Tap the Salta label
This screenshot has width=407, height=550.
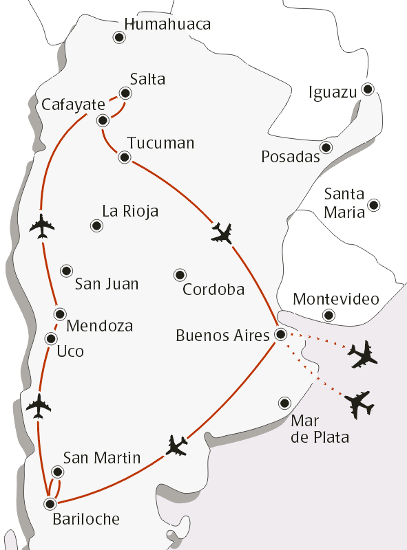tap(147, 79)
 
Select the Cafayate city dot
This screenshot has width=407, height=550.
tap(103, 121)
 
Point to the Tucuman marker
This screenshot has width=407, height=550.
tap(125, 157)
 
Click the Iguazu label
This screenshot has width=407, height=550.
tap(333, 92)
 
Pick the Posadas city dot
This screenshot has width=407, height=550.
tap(326, 147)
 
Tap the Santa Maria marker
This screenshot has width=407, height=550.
tap(374, 204)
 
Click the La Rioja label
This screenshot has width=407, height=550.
tap(130, 211)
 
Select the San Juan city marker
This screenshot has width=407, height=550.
tap(67, 271)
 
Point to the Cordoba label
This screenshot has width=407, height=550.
tap(213, 289)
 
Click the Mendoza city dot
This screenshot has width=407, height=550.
tap(61, 313)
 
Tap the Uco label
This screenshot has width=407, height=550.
tap(70, 352)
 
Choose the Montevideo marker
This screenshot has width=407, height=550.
tap(328, 316)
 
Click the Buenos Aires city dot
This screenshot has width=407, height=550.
tap(281, 335)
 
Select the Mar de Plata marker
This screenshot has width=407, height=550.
tap(284, 403)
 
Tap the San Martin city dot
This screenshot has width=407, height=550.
tap(58, 472)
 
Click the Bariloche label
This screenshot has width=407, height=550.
tap(85, 520)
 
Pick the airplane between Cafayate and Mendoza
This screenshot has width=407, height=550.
tap(43, 225)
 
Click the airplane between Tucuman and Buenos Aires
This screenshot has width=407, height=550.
tap(222, 234)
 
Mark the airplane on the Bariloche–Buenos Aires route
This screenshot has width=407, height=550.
tap(177, 446)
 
